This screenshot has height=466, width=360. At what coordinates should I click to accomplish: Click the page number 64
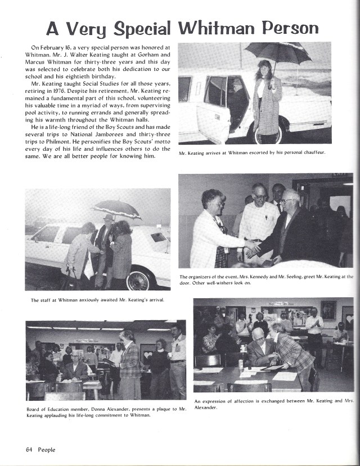click(x=30, y=449)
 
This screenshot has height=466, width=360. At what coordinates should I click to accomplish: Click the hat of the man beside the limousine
click(x=108, y=217)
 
